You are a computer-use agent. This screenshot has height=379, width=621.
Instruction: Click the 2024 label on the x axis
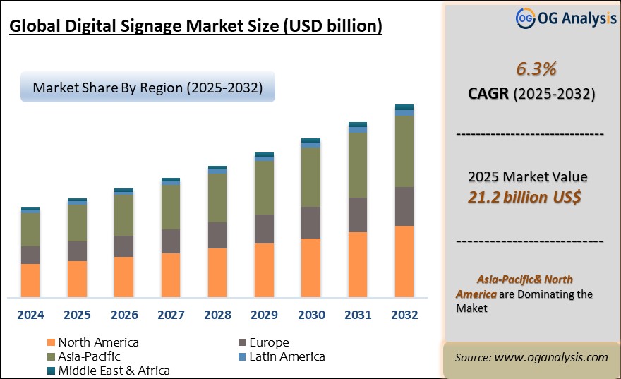coord(30,315)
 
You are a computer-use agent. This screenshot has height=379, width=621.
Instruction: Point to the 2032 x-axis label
coord(404,315)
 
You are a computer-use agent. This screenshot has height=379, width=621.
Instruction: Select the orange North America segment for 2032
coord(404,261)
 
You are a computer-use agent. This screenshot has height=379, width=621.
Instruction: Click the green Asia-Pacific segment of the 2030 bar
coord(310,176)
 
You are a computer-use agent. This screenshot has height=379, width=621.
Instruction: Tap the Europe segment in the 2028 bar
coord(217,235)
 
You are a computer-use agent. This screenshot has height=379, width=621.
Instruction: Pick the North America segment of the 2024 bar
coord(30,280)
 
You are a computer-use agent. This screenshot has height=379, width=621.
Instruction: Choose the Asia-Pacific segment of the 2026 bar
coord(123,214)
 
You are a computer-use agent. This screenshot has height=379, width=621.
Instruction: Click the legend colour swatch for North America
coord(51,342)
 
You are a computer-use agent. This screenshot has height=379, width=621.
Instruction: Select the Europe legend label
coord(270,342)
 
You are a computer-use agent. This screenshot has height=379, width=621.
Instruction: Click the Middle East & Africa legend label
coord(114,370)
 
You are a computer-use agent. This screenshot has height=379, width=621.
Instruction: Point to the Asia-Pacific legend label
coord(89,356)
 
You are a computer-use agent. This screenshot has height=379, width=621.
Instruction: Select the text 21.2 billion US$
coord(524,197)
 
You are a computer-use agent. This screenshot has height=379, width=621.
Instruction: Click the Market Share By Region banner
coord(147,88)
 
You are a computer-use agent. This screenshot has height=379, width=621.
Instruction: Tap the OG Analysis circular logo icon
coord(524,18)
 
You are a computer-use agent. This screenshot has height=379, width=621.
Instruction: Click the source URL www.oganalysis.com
coord(550,357)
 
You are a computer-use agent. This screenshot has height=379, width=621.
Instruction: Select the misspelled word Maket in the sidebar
coord(471,308)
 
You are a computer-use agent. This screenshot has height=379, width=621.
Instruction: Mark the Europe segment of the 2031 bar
coord(357,215)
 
